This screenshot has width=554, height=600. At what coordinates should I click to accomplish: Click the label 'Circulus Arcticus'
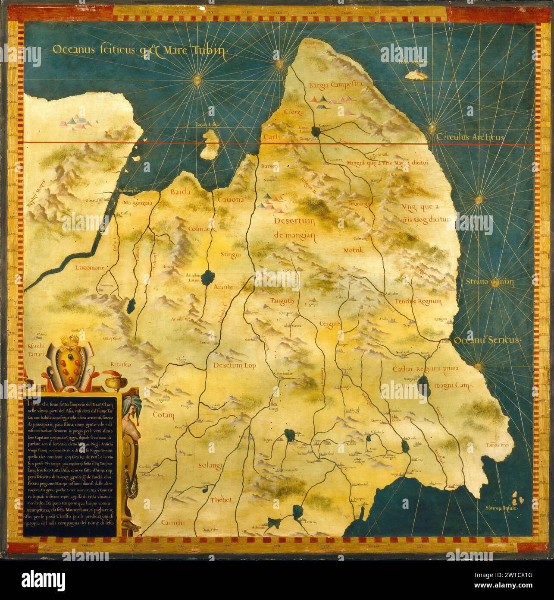coord(470,137)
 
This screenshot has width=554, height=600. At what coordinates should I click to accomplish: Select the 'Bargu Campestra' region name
coord(334,85)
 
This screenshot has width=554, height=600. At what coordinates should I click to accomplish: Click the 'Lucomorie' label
coord(90,268)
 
